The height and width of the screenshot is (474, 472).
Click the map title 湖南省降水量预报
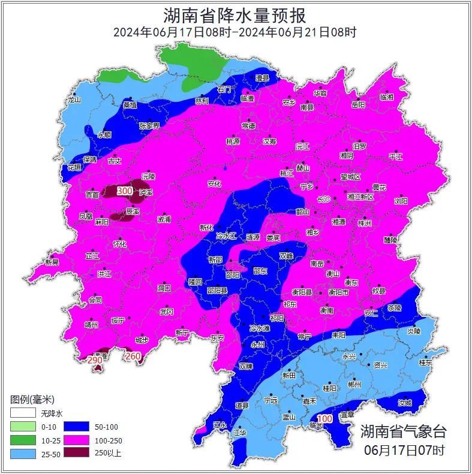pyautogui.click(x=235, y=14)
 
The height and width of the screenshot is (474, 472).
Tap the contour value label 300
pyautogui.click(x=125, y=191)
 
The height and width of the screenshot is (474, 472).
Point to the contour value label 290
pyautogui.click(x=95, y=360)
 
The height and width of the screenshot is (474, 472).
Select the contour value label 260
pyautogui.click(x=133, y=357)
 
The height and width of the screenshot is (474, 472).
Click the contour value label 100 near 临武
pyautogui.click(x=324, y=418)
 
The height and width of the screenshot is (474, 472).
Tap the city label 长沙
pyautogui.click(x=323, y=198)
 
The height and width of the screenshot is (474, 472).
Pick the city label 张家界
pyautogui.click(x=149, y=126)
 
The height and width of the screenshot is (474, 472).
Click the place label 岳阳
pyautogui.click(x=358, y=104)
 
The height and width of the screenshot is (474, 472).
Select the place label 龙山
pyautogui.click(x=74, y=100)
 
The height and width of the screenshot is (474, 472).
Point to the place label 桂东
pyautogui.click(x=425, y=362)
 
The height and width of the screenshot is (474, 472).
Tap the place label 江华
pyautogui.click(x=239, y=431)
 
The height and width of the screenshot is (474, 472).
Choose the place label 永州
pyautogui.click(x=257, y=345)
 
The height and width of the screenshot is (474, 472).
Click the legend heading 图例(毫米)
pyautogui.click(x=32, y=399)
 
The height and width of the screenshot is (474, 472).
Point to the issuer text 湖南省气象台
pyautogui.click(x=403, y=431)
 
